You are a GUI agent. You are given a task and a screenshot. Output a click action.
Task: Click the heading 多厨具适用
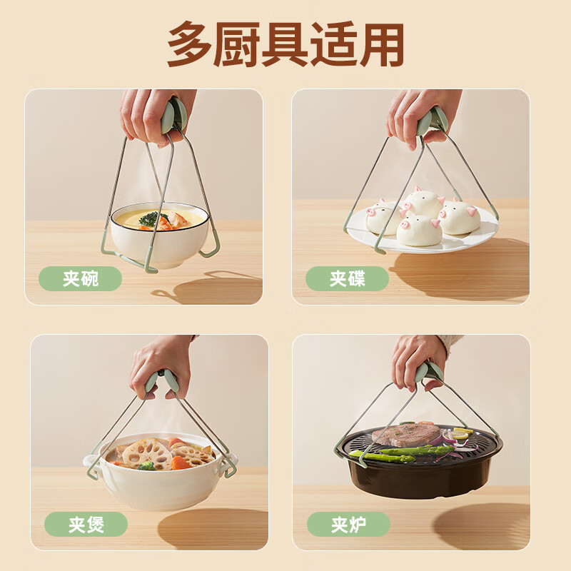point(285,44)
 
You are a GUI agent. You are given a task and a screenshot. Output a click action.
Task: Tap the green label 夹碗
point(80,278)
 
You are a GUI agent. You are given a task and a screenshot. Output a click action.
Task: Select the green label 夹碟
point(347,278)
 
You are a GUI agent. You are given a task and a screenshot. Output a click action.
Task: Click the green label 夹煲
point(86,525)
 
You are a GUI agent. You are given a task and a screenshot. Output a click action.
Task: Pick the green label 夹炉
point(348,525)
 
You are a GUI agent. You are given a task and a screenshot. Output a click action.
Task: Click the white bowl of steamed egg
point(158,243)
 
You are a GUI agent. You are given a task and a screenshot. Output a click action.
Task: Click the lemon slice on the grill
point(461,433)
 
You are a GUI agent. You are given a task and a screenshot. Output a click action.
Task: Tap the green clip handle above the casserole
point(161,383)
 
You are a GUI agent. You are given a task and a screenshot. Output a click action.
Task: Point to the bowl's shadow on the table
point(207,289)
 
